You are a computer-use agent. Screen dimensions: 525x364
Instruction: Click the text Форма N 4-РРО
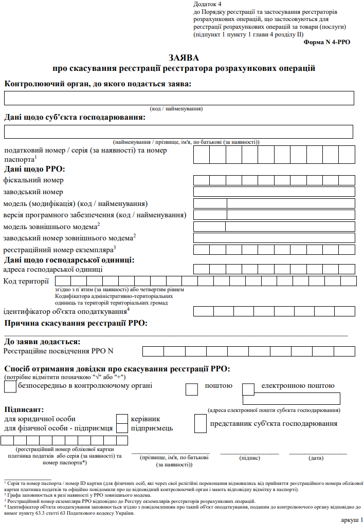coord(326,42)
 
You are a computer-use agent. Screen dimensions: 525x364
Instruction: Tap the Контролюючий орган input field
coord(179,98)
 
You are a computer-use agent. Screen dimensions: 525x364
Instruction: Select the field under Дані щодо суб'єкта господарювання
coord(178,132)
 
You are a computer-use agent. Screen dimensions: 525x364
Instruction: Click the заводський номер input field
coord(274,192)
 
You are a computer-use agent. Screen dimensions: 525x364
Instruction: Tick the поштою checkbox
coord(192,389)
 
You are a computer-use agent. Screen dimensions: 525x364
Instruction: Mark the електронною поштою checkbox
coord(248,389)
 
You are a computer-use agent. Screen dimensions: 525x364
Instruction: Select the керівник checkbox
coord(122,419)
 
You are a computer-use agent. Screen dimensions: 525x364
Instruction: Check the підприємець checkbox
coord(122,428)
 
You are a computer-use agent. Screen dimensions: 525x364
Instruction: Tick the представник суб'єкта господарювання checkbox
coord(201,423)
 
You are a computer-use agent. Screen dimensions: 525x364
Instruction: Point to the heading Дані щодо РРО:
coord(34,168)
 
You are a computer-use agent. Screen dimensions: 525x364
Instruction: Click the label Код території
coord(26,280)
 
